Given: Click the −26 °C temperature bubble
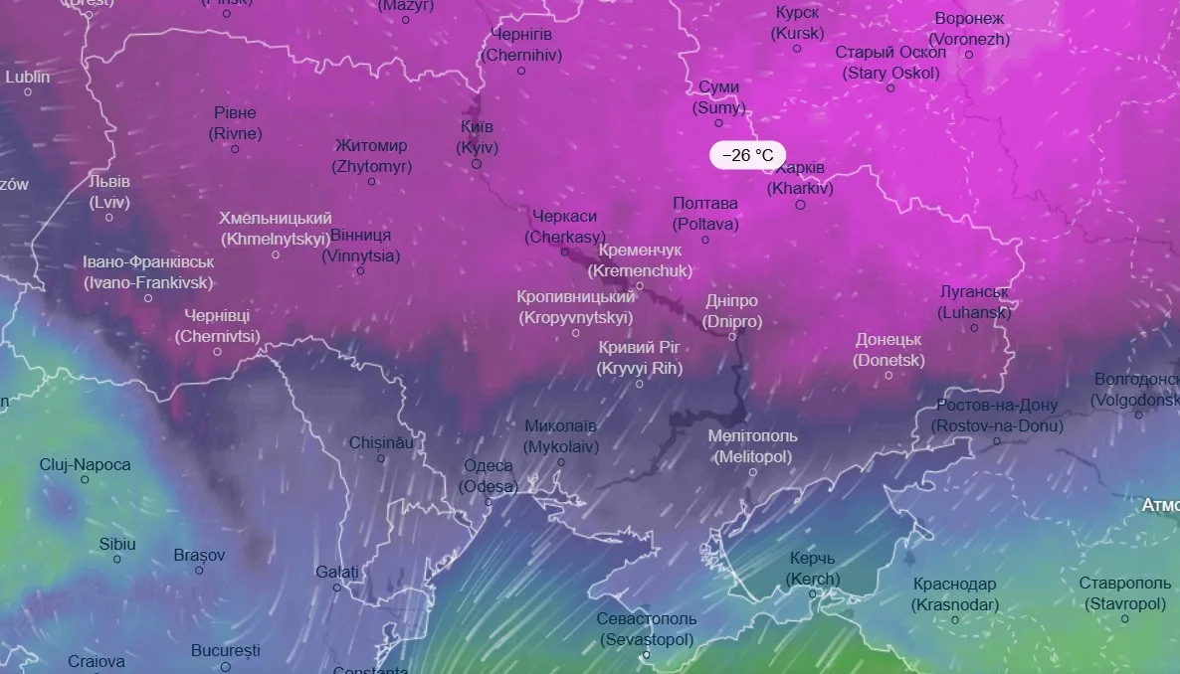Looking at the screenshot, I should (747, 155).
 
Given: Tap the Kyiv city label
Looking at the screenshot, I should (478, 137).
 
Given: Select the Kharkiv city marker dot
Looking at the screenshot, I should (800, 205).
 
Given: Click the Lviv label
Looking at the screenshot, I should (109, 192).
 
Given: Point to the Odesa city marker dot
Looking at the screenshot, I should (488, 503).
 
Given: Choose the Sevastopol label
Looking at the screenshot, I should (647, 628).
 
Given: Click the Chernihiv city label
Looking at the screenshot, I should (521, 46).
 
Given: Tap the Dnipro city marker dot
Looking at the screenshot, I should (732, 337).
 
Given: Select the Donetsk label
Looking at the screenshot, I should (889, 350).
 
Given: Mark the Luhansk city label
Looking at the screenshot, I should (975, 302).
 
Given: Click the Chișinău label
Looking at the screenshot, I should (381, 442).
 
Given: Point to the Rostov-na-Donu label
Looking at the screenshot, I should (997, 416).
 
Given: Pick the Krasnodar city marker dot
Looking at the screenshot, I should (955, 620).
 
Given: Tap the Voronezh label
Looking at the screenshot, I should (969, 30).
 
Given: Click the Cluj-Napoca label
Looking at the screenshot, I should (85, 464).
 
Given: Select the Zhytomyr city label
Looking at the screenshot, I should (371, 156).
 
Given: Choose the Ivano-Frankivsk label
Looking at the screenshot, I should (148, 272).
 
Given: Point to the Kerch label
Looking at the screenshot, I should (813, 569).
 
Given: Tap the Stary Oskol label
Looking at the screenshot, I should (890, 63).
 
